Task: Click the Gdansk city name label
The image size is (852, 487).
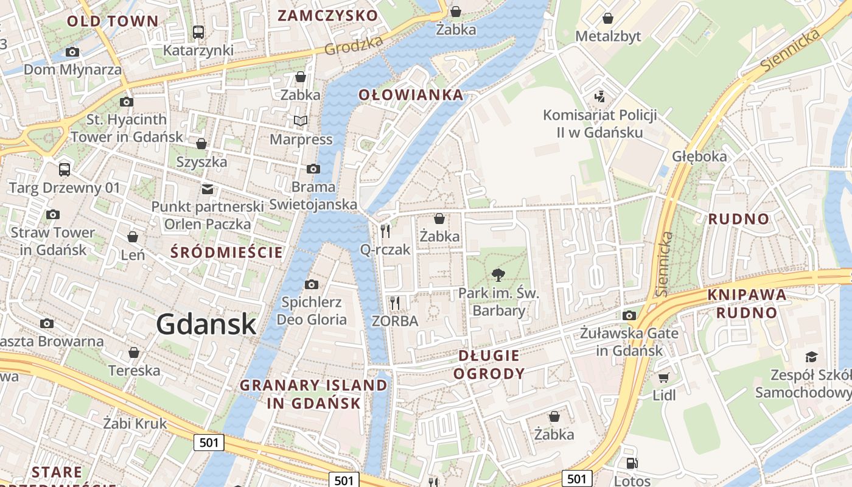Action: click(x=206, y=324)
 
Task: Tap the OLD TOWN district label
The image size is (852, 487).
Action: click(x=113, y=21)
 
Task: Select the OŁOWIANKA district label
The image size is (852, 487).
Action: click(x=411, y=95)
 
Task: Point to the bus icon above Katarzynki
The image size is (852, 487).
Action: click(x=198, y=32)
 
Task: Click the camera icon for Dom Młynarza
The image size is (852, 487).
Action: click(x=72, y=52)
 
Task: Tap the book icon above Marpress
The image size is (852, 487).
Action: click(x=301, y=121)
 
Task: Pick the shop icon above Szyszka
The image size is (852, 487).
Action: click(x=201, y=144)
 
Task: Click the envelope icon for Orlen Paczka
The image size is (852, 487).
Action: click(x=208, y=189)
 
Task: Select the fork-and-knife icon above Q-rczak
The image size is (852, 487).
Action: click(x=385, y=231)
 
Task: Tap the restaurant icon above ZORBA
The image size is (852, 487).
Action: click(x=395, y=302)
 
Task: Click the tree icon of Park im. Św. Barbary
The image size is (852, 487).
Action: click(x=498, y=275)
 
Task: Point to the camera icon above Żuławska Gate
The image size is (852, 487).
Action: click(x=629, y=315)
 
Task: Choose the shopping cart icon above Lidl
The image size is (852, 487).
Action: click(x=663, y=377)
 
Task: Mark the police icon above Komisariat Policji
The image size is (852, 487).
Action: click(x=600, y=96)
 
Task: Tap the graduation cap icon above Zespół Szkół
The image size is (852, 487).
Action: click(x=811, y=356)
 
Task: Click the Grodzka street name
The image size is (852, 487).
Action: click(x=354, y=44)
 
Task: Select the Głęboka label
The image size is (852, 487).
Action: click(x=699, y=156)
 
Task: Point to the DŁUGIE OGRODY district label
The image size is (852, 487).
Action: click(x=489, y=364)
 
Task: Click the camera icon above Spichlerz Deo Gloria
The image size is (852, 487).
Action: click(x=312, y=284)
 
